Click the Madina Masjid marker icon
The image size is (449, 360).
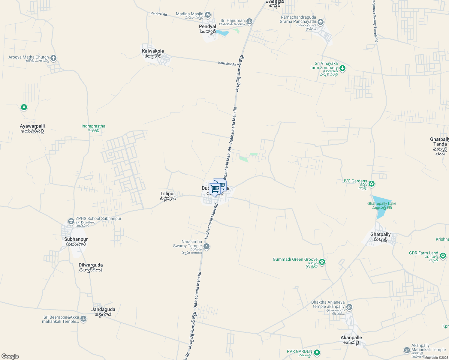click(x=208, y=15)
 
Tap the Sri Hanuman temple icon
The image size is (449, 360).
click(x=249, y=22)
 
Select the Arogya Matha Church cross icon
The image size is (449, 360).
click(x=53, y=58)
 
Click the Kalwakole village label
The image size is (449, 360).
click(x=153, y=51)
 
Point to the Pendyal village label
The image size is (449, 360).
click(x=207, y=27)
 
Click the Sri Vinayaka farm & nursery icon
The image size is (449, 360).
click(x=342, y=69)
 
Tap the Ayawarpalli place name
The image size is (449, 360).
click(x=32, y=126)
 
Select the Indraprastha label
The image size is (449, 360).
click(x=93, y=126)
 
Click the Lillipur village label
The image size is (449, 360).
click(x=168, y=194)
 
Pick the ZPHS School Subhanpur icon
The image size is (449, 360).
click(x=71, y=221)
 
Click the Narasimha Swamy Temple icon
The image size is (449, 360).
click(x=206, y=247)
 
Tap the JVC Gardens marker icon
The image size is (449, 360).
click(x=372, y=184)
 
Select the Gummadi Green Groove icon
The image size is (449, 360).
click(x=322, y=262)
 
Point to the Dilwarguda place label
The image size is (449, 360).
click(x=91, y=265)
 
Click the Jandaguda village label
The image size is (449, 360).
click(x=103, y=310)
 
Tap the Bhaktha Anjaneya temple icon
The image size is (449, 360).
click(x=349, y=307)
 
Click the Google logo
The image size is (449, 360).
click(x=10, y=356)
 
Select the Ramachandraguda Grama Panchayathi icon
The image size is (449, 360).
click(x=321, y=22)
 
